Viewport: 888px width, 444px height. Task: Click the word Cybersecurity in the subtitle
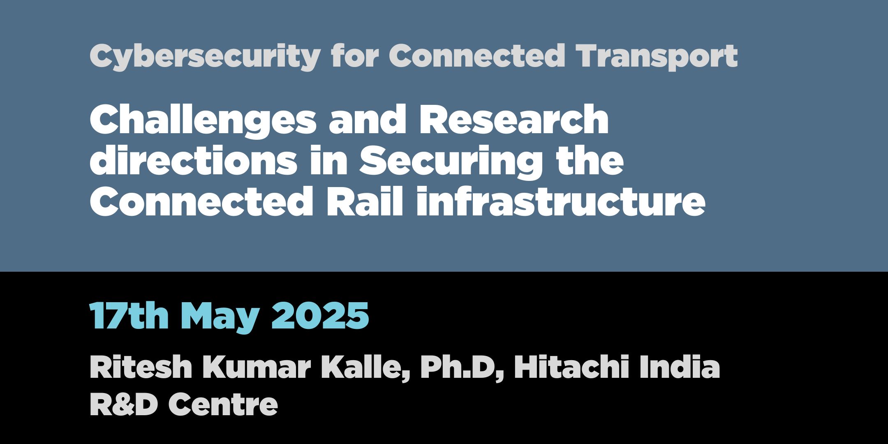pyautogui.click(x=205, y=57)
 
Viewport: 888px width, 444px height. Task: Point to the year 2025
pyautogui.click(x=320, y=315)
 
